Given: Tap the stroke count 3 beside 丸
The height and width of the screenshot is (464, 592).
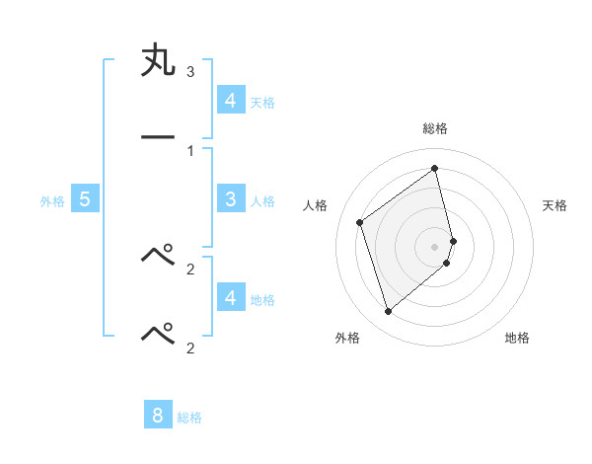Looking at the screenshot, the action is pyautogui.click(x=190, y=72).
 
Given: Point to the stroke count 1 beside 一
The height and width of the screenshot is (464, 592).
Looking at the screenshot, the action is pyautogui.click(x=190, y=150).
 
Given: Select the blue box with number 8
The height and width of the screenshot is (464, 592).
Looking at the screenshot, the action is pyautogui.click(x=158, y=415).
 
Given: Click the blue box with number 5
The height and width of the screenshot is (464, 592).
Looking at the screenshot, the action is pyautogui.click(x=85, y=199).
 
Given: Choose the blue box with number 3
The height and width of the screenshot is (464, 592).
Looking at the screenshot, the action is pyautogui.click(x=230, y=199).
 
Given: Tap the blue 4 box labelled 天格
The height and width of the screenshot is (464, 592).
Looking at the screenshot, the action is pyautogui.click(x=230, y=100).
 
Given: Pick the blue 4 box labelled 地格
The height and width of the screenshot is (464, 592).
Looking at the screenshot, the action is pyautogui.click(x=230, y=297).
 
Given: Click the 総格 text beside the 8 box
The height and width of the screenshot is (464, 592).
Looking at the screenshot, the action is pyautogui.click(x=189, y=418).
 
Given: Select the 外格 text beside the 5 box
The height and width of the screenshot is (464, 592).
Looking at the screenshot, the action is pyautogui.click(x=52, y=201).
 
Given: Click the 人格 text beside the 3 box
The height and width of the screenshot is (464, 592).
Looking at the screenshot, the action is pyautogui.click(x=262, y=201).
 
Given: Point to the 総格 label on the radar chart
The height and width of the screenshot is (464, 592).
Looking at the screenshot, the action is pyautogui.click(x=435, y=128).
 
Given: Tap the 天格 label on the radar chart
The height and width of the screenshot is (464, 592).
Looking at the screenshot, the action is pyautogui.click(x=555, y=205).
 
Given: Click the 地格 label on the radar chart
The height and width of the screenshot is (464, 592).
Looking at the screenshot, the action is pyautogui.click(x=517, y=338).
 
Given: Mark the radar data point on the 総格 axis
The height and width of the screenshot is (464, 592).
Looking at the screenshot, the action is pyautogui.click(x=435, y=169).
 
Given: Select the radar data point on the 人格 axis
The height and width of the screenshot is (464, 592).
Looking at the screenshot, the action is pyautogui.click(x=360, y=222).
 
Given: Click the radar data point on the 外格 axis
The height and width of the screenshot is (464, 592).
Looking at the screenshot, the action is pyautogui.click(x=388, y=312).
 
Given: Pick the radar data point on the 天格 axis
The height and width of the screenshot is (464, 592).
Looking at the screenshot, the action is pyautogui.click(x=453, y=241).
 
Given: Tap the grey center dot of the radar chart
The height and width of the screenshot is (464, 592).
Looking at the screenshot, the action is pyautogui.click(x=435, y=246).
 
